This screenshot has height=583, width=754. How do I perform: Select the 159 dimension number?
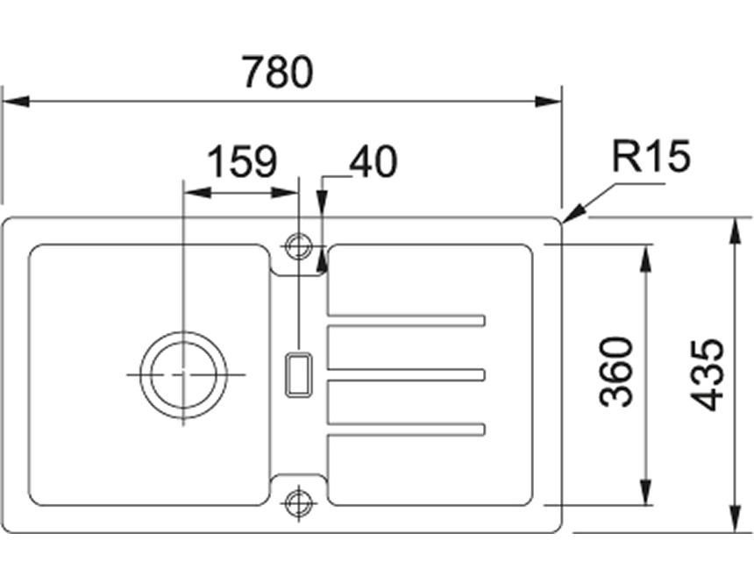[242, 162]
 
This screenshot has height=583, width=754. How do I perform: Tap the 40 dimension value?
[373, 162]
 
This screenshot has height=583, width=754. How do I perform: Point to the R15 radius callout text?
[652, 158]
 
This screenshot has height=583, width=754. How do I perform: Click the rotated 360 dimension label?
[616, 371]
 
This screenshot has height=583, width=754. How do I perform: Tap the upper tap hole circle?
[299, 245]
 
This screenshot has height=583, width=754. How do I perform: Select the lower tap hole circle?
[299, 501]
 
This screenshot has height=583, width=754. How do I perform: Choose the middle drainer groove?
[406, 376]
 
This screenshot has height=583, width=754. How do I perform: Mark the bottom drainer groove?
[406, 429]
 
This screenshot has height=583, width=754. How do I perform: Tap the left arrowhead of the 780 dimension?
[12, 101]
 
